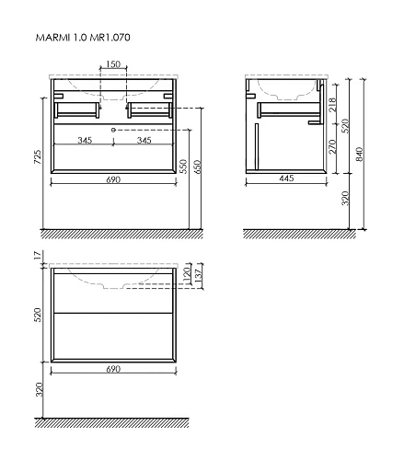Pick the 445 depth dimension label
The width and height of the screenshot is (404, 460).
coord(284,178)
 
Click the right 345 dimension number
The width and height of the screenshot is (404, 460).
coord(143,141)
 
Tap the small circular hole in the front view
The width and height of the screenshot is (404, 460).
coord(112,130)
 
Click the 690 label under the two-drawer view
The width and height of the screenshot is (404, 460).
coord(111,369)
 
